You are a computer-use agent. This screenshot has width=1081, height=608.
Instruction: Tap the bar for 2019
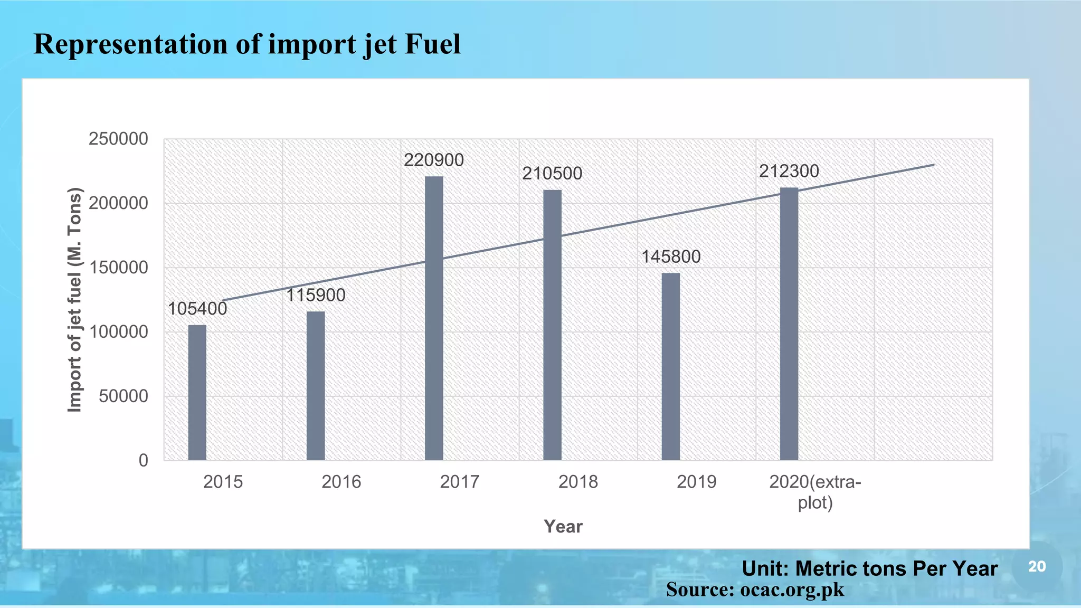(x=670, y=366)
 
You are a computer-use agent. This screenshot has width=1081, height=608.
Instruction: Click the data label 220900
(x=434, y=160)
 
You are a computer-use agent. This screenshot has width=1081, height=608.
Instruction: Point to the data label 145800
(x=671, y=257)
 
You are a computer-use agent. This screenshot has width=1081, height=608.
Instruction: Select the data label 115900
(x=316, y=295)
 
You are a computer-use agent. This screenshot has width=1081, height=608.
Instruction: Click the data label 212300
(x=789, y=171)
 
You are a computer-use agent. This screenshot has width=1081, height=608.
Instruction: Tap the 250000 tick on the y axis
(x=118, y=139)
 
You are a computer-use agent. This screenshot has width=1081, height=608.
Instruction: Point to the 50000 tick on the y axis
(x=124, y=396)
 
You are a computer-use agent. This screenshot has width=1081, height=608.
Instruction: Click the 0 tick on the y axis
(x=144, y=460)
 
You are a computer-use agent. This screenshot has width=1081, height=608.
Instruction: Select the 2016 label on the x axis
(x=341, y=482)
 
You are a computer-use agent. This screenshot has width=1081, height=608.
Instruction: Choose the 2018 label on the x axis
(x=578, y=482)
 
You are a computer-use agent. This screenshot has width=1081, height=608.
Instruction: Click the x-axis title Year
(x=563, y=526)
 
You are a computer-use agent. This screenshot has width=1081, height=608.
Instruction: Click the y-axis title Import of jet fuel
(x=75, y=300)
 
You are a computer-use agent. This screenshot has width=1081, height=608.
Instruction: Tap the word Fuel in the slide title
(x=432, y=44)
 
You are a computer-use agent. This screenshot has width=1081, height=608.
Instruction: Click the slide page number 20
(x=1037, y=567)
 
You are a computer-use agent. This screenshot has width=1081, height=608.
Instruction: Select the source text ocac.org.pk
(x=792, y=589)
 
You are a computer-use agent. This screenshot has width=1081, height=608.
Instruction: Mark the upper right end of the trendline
(x=933, y=165)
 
